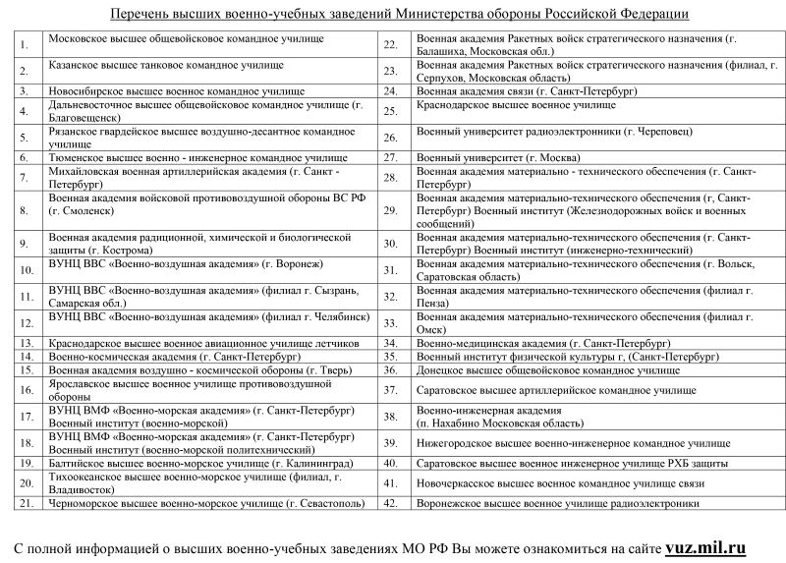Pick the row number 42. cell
[x=390, y=503]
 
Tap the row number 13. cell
[x=27, y=343]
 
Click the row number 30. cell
[x=390, y=244]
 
